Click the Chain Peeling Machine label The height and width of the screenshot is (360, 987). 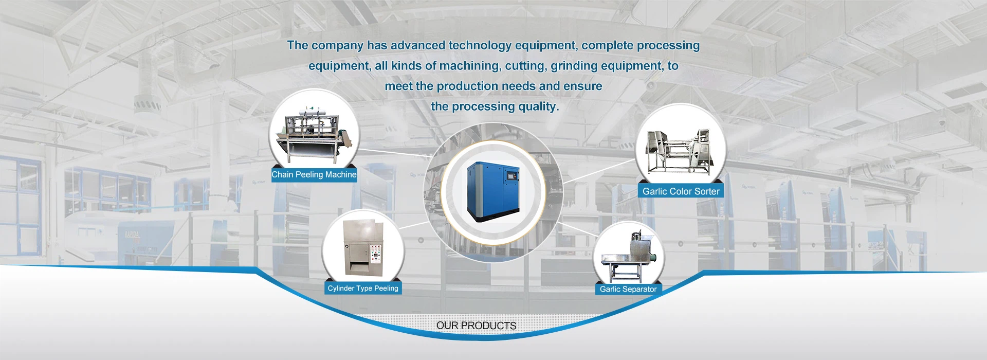point(314,175)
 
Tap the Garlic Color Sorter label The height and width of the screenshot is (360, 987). point(681,191)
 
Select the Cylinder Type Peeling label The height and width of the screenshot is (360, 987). point(363,289)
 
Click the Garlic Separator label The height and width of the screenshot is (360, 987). point(628,289)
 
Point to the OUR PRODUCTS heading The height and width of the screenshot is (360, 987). point(476,326)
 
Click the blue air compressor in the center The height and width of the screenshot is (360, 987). point(493,191)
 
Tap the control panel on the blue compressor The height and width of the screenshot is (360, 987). point(511,176)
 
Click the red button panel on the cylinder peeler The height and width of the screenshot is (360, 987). point(375,252)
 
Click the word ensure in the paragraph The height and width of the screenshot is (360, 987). point(583,86)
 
